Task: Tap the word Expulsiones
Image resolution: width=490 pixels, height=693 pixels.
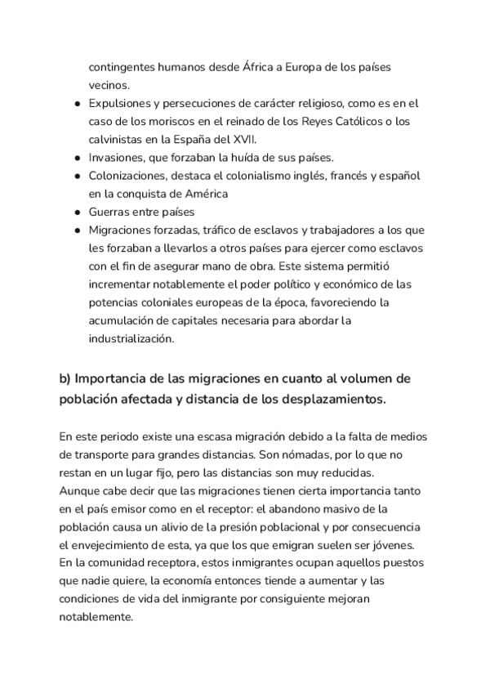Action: (122, 104)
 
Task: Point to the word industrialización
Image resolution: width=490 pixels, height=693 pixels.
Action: (131, 338)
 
